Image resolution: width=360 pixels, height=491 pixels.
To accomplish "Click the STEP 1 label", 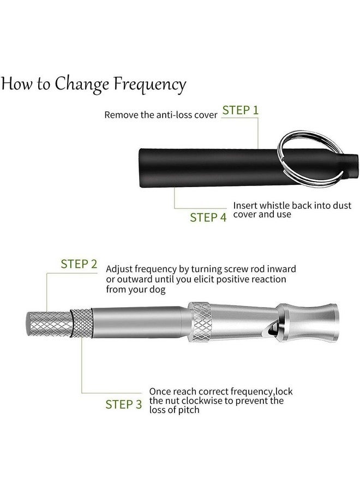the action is [241, 110].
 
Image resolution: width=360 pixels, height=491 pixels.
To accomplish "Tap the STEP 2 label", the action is [79, 264].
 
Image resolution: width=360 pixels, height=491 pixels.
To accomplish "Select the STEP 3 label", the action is [124, 404].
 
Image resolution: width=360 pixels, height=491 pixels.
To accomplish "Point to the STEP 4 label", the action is [208, 217].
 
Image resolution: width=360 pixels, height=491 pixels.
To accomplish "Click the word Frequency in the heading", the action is [149, 85].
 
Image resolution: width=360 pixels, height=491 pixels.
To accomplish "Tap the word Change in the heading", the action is [82, 85].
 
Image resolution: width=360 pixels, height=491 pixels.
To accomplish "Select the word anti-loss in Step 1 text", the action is [174, 115].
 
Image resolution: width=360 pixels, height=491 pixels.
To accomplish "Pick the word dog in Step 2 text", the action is [157, 290].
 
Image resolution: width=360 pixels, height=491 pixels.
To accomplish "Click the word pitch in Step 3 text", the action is [188, 410].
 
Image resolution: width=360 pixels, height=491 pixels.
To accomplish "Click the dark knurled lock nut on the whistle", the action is [81, 323].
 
